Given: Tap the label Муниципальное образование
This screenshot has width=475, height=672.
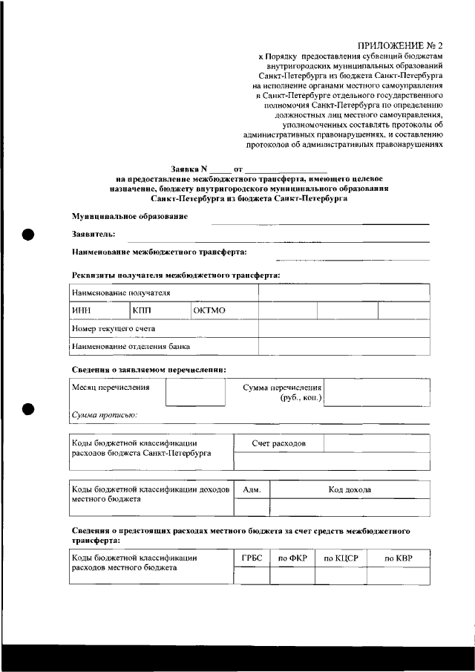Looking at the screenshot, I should pyautogui.click(x=129, y=216).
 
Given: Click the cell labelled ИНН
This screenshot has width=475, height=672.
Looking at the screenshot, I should pyautogui.click(x=81, y=310).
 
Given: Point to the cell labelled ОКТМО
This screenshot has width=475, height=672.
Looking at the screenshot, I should pyautogui.click(x=209, y=310).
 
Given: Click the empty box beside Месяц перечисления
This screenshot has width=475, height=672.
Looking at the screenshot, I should pyautogui.click(x=194, y=393).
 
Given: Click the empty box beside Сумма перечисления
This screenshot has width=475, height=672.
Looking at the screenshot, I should pyautogui.click(x=377, y=393).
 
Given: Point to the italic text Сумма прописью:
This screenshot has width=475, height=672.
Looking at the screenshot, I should pyautogui.click(x=104, y=415).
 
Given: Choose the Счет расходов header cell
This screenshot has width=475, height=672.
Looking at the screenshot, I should pyautogui.click(x=278, y=443).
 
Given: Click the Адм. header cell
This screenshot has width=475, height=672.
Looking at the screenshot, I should pyautogui.click(x=252, y=490).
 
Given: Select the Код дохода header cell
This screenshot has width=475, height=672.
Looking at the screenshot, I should pyautogui.click(x=350, y=490).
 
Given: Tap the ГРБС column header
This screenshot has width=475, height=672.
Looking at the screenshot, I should pyautogui.click(x=252, y=558).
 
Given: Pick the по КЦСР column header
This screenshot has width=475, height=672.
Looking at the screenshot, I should pyautogui.click(x=341, y=558).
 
